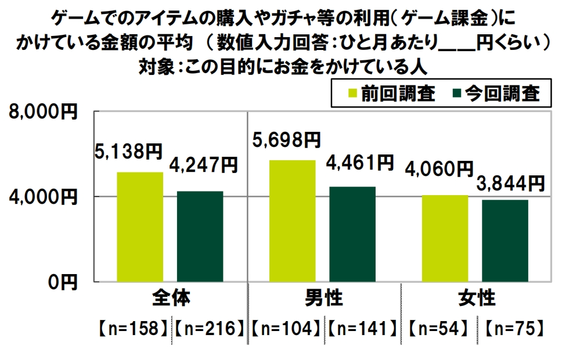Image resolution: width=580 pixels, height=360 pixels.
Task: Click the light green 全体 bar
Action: tap(140, 226)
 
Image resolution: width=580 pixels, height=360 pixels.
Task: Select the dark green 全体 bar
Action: tap(200, 236)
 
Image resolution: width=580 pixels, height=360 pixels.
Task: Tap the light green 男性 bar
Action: tap(293, 221)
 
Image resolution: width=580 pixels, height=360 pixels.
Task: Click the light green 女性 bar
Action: tap(445, 238)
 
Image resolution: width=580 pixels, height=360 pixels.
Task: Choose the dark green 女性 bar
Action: tap(505, 240)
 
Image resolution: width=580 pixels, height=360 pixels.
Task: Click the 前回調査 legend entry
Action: tap(391, 93)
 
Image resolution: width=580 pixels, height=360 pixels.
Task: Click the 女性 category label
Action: tap(477, 299)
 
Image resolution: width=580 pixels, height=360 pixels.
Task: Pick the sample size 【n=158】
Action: tap(133, 329)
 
